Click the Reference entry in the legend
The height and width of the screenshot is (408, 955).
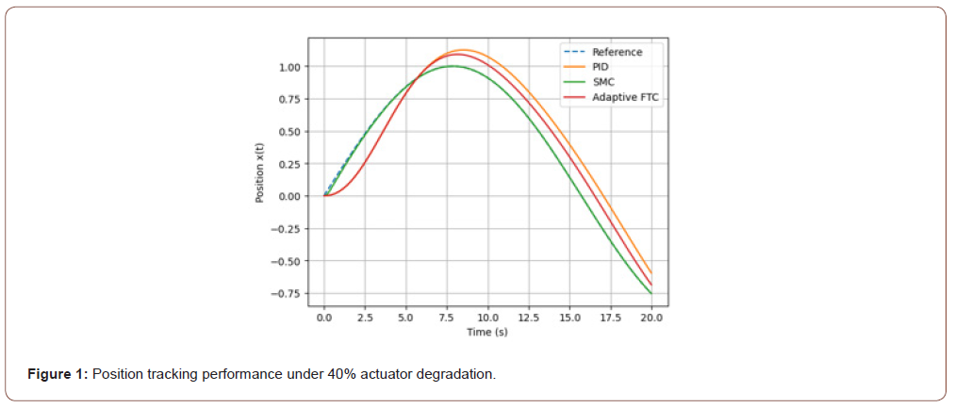(617, 52)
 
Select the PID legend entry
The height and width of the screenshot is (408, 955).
(601, 67)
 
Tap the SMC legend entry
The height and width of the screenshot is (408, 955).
(603, 82)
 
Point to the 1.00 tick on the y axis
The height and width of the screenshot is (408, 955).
(289, 67)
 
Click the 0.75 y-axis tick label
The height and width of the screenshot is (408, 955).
(289, 99)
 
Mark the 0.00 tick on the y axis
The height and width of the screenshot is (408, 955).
(289, 196)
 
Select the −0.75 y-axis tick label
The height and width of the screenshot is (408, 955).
(287, 294)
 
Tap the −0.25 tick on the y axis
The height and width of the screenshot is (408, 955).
(287, 229)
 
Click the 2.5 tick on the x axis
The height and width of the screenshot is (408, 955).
(365, 318)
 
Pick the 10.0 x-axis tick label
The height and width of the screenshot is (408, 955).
(487, 318)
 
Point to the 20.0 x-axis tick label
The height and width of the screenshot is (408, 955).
(651, 318)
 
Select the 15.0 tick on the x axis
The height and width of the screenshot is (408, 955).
(569, 318)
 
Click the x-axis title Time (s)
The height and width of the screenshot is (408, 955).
(487, 334)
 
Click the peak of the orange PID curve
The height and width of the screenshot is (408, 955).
(464, 50)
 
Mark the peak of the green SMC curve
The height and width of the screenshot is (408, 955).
(453, 66)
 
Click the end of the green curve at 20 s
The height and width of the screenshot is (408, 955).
(651, 294)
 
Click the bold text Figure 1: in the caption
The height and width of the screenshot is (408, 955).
(58, 374)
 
